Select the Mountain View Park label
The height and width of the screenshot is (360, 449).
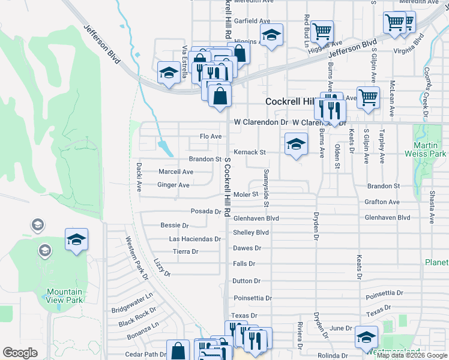pos(65,296)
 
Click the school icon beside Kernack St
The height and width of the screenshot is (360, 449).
pos(295,145)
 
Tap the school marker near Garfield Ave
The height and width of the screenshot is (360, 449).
pos(271,35)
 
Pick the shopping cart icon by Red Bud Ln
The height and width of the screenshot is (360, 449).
pos(322,30)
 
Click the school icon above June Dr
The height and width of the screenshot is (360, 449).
pos(366,338)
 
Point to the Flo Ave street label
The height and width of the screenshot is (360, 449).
pos(211,137)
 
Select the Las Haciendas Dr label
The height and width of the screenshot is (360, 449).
pos(195,239)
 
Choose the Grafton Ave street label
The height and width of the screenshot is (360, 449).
pos(382,202)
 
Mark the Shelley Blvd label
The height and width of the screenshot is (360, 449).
pos(250,232)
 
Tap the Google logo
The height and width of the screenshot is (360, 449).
pos(20,353)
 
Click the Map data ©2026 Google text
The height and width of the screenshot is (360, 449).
pos(412,355)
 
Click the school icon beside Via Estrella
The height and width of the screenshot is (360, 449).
pos(168,73)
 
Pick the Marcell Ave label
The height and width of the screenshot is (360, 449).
pos(175,172)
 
